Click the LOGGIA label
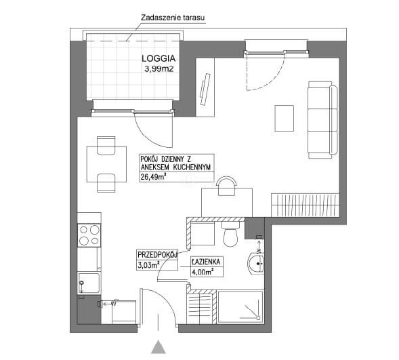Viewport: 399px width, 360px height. coord(159,58)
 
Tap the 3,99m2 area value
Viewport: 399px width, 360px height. coord(159,68)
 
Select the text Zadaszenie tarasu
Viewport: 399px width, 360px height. coord(173,18)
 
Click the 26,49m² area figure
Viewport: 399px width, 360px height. coord(154,177)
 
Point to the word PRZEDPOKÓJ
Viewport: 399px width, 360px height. coord(157,255)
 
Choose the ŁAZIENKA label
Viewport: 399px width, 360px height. coord(206,262)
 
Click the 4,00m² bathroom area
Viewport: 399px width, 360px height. coord(203,272)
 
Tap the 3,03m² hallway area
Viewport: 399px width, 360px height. coord(148,265)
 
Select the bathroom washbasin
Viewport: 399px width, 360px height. coord(256,264)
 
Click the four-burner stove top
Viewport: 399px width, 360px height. coord(89,235)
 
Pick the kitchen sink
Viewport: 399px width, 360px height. coord(89,283)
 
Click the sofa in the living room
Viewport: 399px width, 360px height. coord(322,119)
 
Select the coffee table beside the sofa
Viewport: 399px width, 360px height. coord(285,118)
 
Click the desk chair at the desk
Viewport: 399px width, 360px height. coord(226,186)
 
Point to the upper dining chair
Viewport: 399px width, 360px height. coord(106,146)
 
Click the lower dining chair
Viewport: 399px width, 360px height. coord(106,183)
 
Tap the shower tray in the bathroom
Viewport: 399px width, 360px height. coord(240,307)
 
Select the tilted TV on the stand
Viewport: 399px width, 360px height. coord(205,89)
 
